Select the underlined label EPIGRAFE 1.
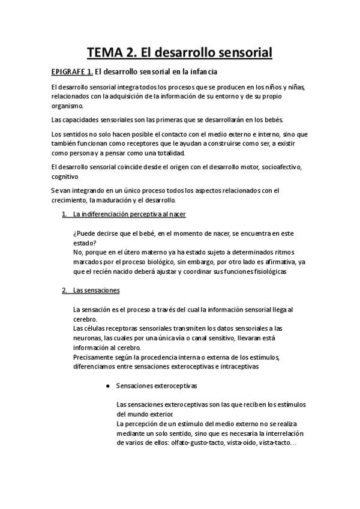[x=71, y=73]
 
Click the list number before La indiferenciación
[x=64, y=214]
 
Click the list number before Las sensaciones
[x=64, y=291]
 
